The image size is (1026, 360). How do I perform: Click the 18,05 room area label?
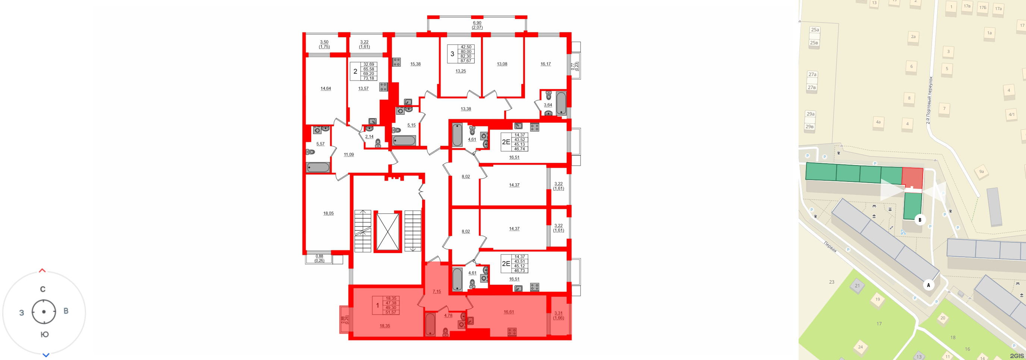(x=328, y=214)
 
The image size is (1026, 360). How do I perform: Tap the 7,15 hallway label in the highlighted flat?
(x=437, y=291)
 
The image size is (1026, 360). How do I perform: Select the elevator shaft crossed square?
(x=387, y=233)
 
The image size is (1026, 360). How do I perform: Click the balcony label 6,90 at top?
(x=477, y=23)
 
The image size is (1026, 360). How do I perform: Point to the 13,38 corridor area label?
(x=466, y=109)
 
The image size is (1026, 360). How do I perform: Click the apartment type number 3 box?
(x=452, y=54)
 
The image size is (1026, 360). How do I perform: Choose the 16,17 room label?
(x=545, y=64)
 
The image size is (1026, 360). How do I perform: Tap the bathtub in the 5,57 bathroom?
(x=318, y=167)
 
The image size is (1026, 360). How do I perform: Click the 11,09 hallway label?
(x=349, y=155)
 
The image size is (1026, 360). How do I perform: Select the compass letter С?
(x=43, y=289)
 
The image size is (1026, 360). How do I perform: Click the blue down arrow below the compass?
(x=46, y=355)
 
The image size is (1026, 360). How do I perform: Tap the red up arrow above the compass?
(x=42, y=271)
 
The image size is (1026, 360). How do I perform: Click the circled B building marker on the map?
(x=920, y=220)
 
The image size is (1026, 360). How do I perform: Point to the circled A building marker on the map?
(x=928, y=285)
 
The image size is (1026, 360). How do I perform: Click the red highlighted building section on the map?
(x=913, y=178)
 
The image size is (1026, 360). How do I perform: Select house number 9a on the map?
(x=981, y=172)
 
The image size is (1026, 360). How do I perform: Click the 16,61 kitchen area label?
(x=509, y=312)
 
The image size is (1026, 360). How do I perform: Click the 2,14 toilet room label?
(x=369, y=137)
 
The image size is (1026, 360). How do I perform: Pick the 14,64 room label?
(x=325, y=88)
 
